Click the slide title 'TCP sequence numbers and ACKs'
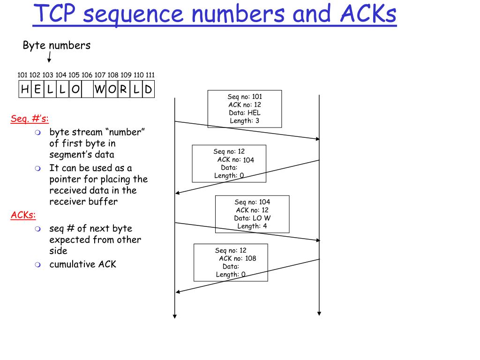215,14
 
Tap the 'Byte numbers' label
57,45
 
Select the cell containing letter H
25,89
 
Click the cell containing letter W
99,89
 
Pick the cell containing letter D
148,89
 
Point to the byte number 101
22,75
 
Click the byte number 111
150,75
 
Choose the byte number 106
87,75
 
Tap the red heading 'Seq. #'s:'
30,119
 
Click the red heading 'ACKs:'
23,215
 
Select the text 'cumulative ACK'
82,264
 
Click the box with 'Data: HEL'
245,109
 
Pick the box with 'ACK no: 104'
229,163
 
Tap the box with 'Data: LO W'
252,214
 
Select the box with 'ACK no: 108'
231,262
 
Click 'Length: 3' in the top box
245,121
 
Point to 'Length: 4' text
252,226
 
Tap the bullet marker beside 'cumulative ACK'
38,265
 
